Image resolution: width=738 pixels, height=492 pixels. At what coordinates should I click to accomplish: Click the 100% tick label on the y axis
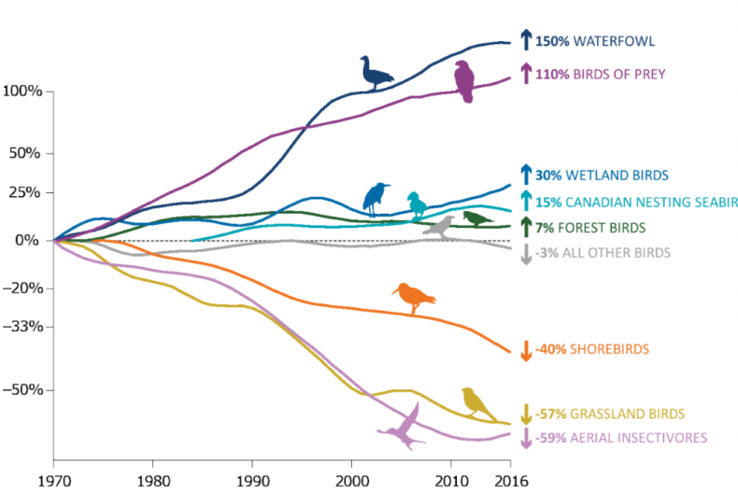22,91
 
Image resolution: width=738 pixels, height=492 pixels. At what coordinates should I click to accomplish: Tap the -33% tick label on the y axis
22,327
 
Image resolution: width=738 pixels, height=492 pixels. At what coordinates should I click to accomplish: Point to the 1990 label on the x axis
251,479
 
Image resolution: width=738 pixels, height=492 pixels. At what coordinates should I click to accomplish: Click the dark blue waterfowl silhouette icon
376,73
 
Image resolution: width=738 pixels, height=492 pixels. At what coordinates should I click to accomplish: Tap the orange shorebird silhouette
414,297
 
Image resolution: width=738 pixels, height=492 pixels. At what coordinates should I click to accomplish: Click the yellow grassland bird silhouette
477,403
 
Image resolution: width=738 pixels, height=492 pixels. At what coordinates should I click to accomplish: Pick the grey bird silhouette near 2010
438,225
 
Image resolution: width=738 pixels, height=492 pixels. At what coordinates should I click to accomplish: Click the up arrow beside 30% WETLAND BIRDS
526,174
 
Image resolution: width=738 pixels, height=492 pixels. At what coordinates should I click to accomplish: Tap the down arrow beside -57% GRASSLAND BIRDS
526,414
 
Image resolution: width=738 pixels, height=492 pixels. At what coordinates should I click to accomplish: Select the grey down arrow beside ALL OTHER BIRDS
526,253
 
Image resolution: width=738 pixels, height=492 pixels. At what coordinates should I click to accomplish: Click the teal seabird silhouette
416,204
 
